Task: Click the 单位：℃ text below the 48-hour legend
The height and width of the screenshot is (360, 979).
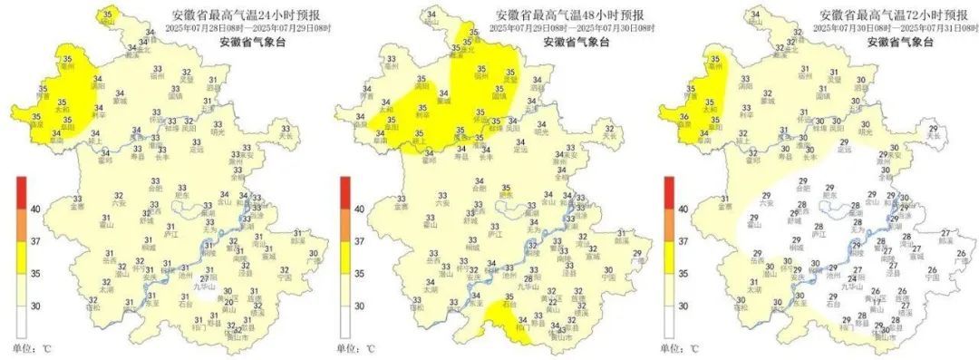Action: (x=358, y=348)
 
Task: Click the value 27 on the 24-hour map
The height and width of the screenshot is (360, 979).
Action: (x=203, y=278)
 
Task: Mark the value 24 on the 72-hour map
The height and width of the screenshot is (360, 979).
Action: (x=850, y=278)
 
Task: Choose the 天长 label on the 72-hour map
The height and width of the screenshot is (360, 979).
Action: (x=934, y=139)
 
